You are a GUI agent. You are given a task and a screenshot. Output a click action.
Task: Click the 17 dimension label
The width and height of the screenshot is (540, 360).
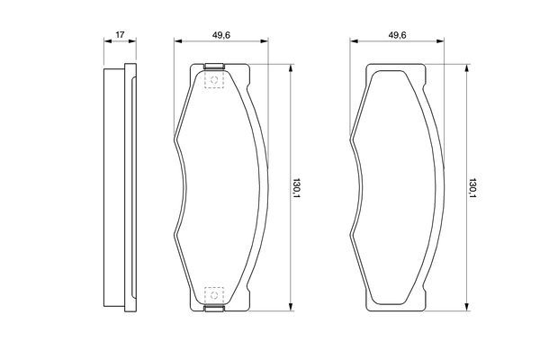tap(120, 34)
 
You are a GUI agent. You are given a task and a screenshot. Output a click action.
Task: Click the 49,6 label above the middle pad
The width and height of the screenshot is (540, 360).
tap(221, 35)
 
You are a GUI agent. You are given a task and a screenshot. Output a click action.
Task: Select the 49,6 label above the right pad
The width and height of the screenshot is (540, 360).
tap(397, 35)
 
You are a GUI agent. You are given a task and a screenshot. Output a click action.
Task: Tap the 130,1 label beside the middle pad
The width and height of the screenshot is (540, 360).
tap(296, 188)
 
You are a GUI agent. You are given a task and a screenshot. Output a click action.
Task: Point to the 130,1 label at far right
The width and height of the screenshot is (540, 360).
tap(472, 188)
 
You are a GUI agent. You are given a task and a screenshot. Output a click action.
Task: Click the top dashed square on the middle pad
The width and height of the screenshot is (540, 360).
tap(214, 80)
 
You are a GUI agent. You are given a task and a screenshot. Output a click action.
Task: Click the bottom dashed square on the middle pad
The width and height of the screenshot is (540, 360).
tap(214, 295)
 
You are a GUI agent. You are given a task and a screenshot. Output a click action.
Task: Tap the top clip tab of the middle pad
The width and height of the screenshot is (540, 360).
tap(214, 66)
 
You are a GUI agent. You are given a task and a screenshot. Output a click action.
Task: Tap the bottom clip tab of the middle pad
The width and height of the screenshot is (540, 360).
tap(214, 309)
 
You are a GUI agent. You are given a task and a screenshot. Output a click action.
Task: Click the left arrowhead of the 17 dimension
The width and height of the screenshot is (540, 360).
tap(108, 41)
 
